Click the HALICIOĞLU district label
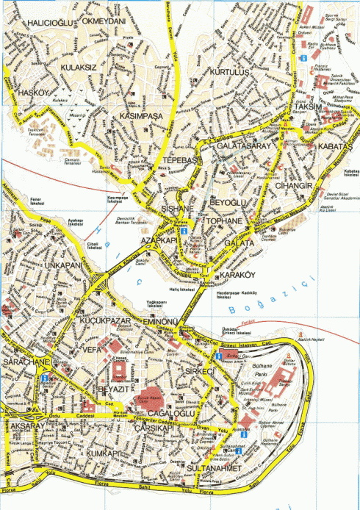[x=48, y=24]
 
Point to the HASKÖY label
[x=35, y=93]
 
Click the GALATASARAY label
[x=245, y=146]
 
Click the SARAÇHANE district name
[x=26, y=363]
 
